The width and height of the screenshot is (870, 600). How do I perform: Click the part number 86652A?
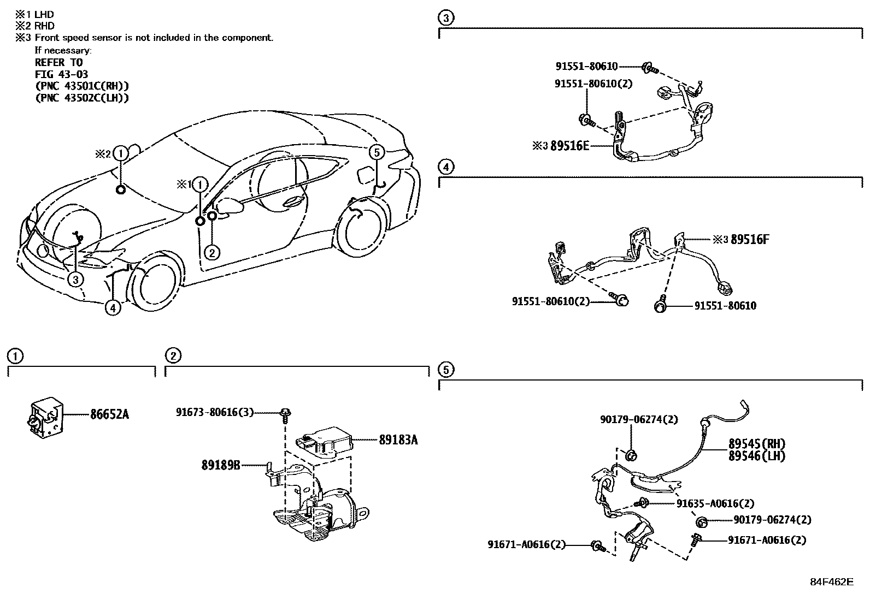pos(109,414)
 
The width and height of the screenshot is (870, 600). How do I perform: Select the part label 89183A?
pos(398,439)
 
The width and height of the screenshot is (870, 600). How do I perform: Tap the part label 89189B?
pos(221,465)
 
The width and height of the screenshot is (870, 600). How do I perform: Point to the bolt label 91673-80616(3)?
pos(215,412)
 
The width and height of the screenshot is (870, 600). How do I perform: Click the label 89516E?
pos(570,146)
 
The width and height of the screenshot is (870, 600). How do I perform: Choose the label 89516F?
pos(750,239)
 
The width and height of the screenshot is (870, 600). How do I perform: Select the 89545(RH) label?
pos(756,443)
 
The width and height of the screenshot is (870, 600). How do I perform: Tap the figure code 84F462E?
pos(831,581)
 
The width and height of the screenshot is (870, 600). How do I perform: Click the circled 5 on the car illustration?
pos(376,152)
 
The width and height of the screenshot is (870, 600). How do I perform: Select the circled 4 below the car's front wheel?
pos(113,308)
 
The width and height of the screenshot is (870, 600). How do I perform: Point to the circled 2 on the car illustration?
pos(212,252)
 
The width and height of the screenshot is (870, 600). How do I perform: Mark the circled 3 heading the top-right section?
pos(446,18)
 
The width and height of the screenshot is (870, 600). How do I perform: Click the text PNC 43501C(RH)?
pos(82,86)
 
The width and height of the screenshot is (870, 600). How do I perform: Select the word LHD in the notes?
pos(44,14)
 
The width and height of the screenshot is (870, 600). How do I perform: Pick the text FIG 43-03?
pos(61,74)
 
